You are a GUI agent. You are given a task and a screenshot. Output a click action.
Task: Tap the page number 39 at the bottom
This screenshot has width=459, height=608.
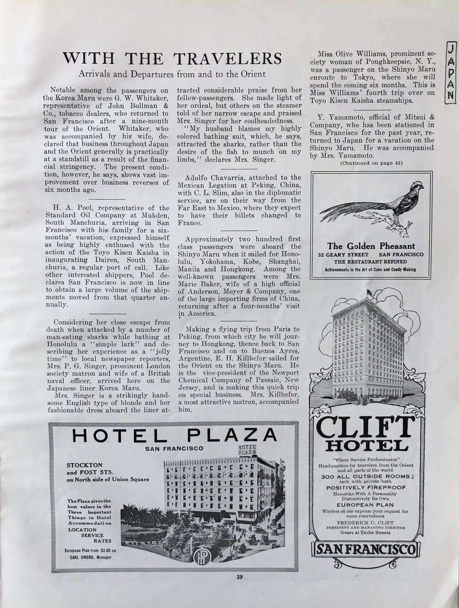point(239,577)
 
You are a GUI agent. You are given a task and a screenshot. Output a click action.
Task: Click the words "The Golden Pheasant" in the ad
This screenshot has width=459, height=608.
point(371,246)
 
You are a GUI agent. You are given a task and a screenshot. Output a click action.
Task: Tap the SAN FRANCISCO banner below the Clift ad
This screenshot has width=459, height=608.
point(365,549)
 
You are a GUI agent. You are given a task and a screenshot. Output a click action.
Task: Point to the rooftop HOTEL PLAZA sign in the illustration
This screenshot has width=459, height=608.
point(247,450)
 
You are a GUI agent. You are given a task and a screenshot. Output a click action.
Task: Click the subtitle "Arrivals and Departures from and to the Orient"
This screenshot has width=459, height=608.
point(172,73)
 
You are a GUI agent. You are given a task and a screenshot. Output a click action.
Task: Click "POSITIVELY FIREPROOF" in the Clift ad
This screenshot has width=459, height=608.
point(365,487)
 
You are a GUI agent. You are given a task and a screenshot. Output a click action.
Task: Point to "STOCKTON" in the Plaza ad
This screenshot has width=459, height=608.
point(84,465)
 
